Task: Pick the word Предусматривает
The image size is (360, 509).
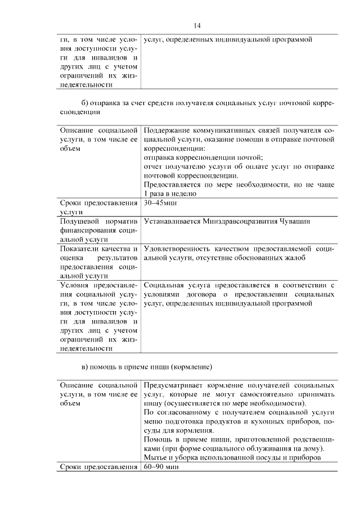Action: tap(172, 386)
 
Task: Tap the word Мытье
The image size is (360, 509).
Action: tap(154, 458)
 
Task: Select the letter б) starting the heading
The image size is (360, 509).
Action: tap(85, 103)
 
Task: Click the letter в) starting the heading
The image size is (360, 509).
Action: tap(85, 367)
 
